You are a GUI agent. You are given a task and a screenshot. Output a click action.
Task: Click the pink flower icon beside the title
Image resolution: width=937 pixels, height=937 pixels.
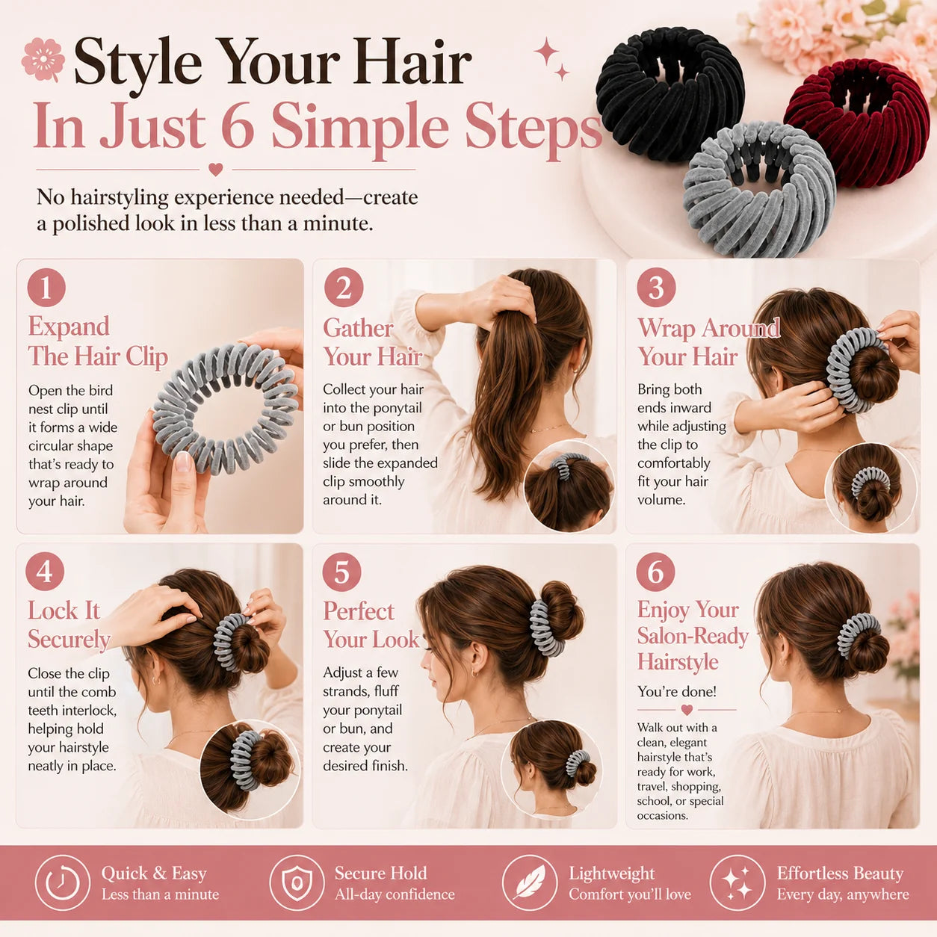point(43,60)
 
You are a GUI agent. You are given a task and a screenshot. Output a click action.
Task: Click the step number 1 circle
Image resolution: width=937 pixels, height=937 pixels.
point(46,288)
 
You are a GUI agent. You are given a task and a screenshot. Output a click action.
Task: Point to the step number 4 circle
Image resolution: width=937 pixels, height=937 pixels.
point(45,572)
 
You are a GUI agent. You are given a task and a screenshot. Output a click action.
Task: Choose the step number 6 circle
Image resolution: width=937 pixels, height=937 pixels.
point(655,572)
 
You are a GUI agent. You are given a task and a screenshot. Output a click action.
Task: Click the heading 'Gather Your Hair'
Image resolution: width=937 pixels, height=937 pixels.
point(372,342)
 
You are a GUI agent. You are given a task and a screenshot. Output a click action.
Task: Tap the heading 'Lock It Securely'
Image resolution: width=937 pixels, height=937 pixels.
point(69,625)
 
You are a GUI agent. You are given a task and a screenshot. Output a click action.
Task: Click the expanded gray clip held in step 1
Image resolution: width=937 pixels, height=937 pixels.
point(225,409)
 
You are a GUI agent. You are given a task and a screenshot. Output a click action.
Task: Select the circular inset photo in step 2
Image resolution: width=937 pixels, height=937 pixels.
point(568,486)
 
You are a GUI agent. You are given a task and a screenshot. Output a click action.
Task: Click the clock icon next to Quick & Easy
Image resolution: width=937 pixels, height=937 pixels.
point(62,883)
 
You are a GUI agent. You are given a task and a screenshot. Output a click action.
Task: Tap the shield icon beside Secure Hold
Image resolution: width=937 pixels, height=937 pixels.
point(297,883)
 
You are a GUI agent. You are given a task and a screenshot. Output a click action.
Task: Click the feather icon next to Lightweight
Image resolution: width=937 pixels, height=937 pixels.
point(530,883)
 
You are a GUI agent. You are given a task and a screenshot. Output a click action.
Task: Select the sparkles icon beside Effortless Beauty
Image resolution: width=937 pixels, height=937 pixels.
point(737,883)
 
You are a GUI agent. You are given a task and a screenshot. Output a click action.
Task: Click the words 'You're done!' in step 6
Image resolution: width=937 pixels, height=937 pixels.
point(676,692)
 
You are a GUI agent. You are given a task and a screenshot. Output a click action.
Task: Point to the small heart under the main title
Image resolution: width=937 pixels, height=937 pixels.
point(215,169)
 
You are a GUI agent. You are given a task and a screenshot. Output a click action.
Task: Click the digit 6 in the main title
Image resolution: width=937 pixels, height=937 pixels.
point(238,126)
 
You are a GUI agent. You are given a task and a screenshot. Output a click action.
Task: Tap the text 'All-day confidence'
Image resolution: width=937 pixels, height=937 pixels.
point(395,894)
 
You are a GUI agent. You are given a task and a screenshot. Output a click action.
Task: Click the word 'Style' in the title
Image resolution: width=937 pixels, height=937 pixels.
point(137,62)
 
